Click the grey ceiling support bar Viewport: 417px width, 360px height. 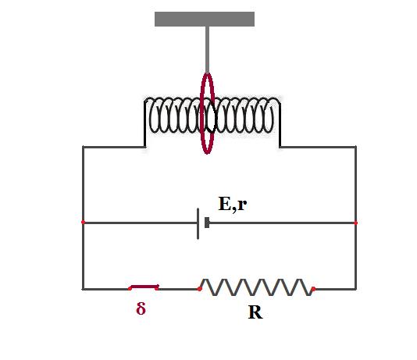[205, 20]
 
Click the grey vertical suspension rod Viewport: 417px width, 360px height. [207, 50]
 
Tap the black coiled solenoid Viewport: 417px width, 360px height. [212, 116]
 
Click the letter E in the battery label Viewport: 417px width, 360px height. [225, 204]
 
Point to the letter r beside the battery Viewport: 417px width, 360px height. [242, 205]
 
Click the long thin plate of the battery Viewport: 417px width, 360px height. [198, 224]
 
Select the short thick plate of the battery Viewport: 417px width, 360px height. [207, 223]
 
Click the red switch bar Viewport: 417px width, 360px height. [144, 287]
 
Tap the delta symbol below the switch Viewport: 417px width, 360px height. [141, 308]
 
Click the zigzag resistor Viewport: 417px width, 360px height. [257, 287]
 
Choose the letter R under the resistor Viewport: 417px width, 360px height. [255, 312]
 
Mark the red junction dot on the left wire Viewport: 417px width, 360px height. [83, 222]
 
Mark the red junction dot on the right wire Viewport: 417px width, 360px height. [356, 223]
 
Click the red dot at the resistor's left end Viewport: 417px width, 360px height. [199, 289]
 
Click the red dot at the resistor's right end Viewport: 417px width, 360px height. [314, 289]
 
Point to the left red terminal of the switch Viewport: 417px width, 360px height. [130, 288]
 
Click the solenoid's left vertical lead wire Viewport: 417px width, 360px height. [145, 123]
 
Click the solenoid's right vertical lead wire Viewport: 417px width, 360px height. [280, 123]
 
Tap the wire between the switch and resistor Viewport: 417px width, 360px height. [178, 289]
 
